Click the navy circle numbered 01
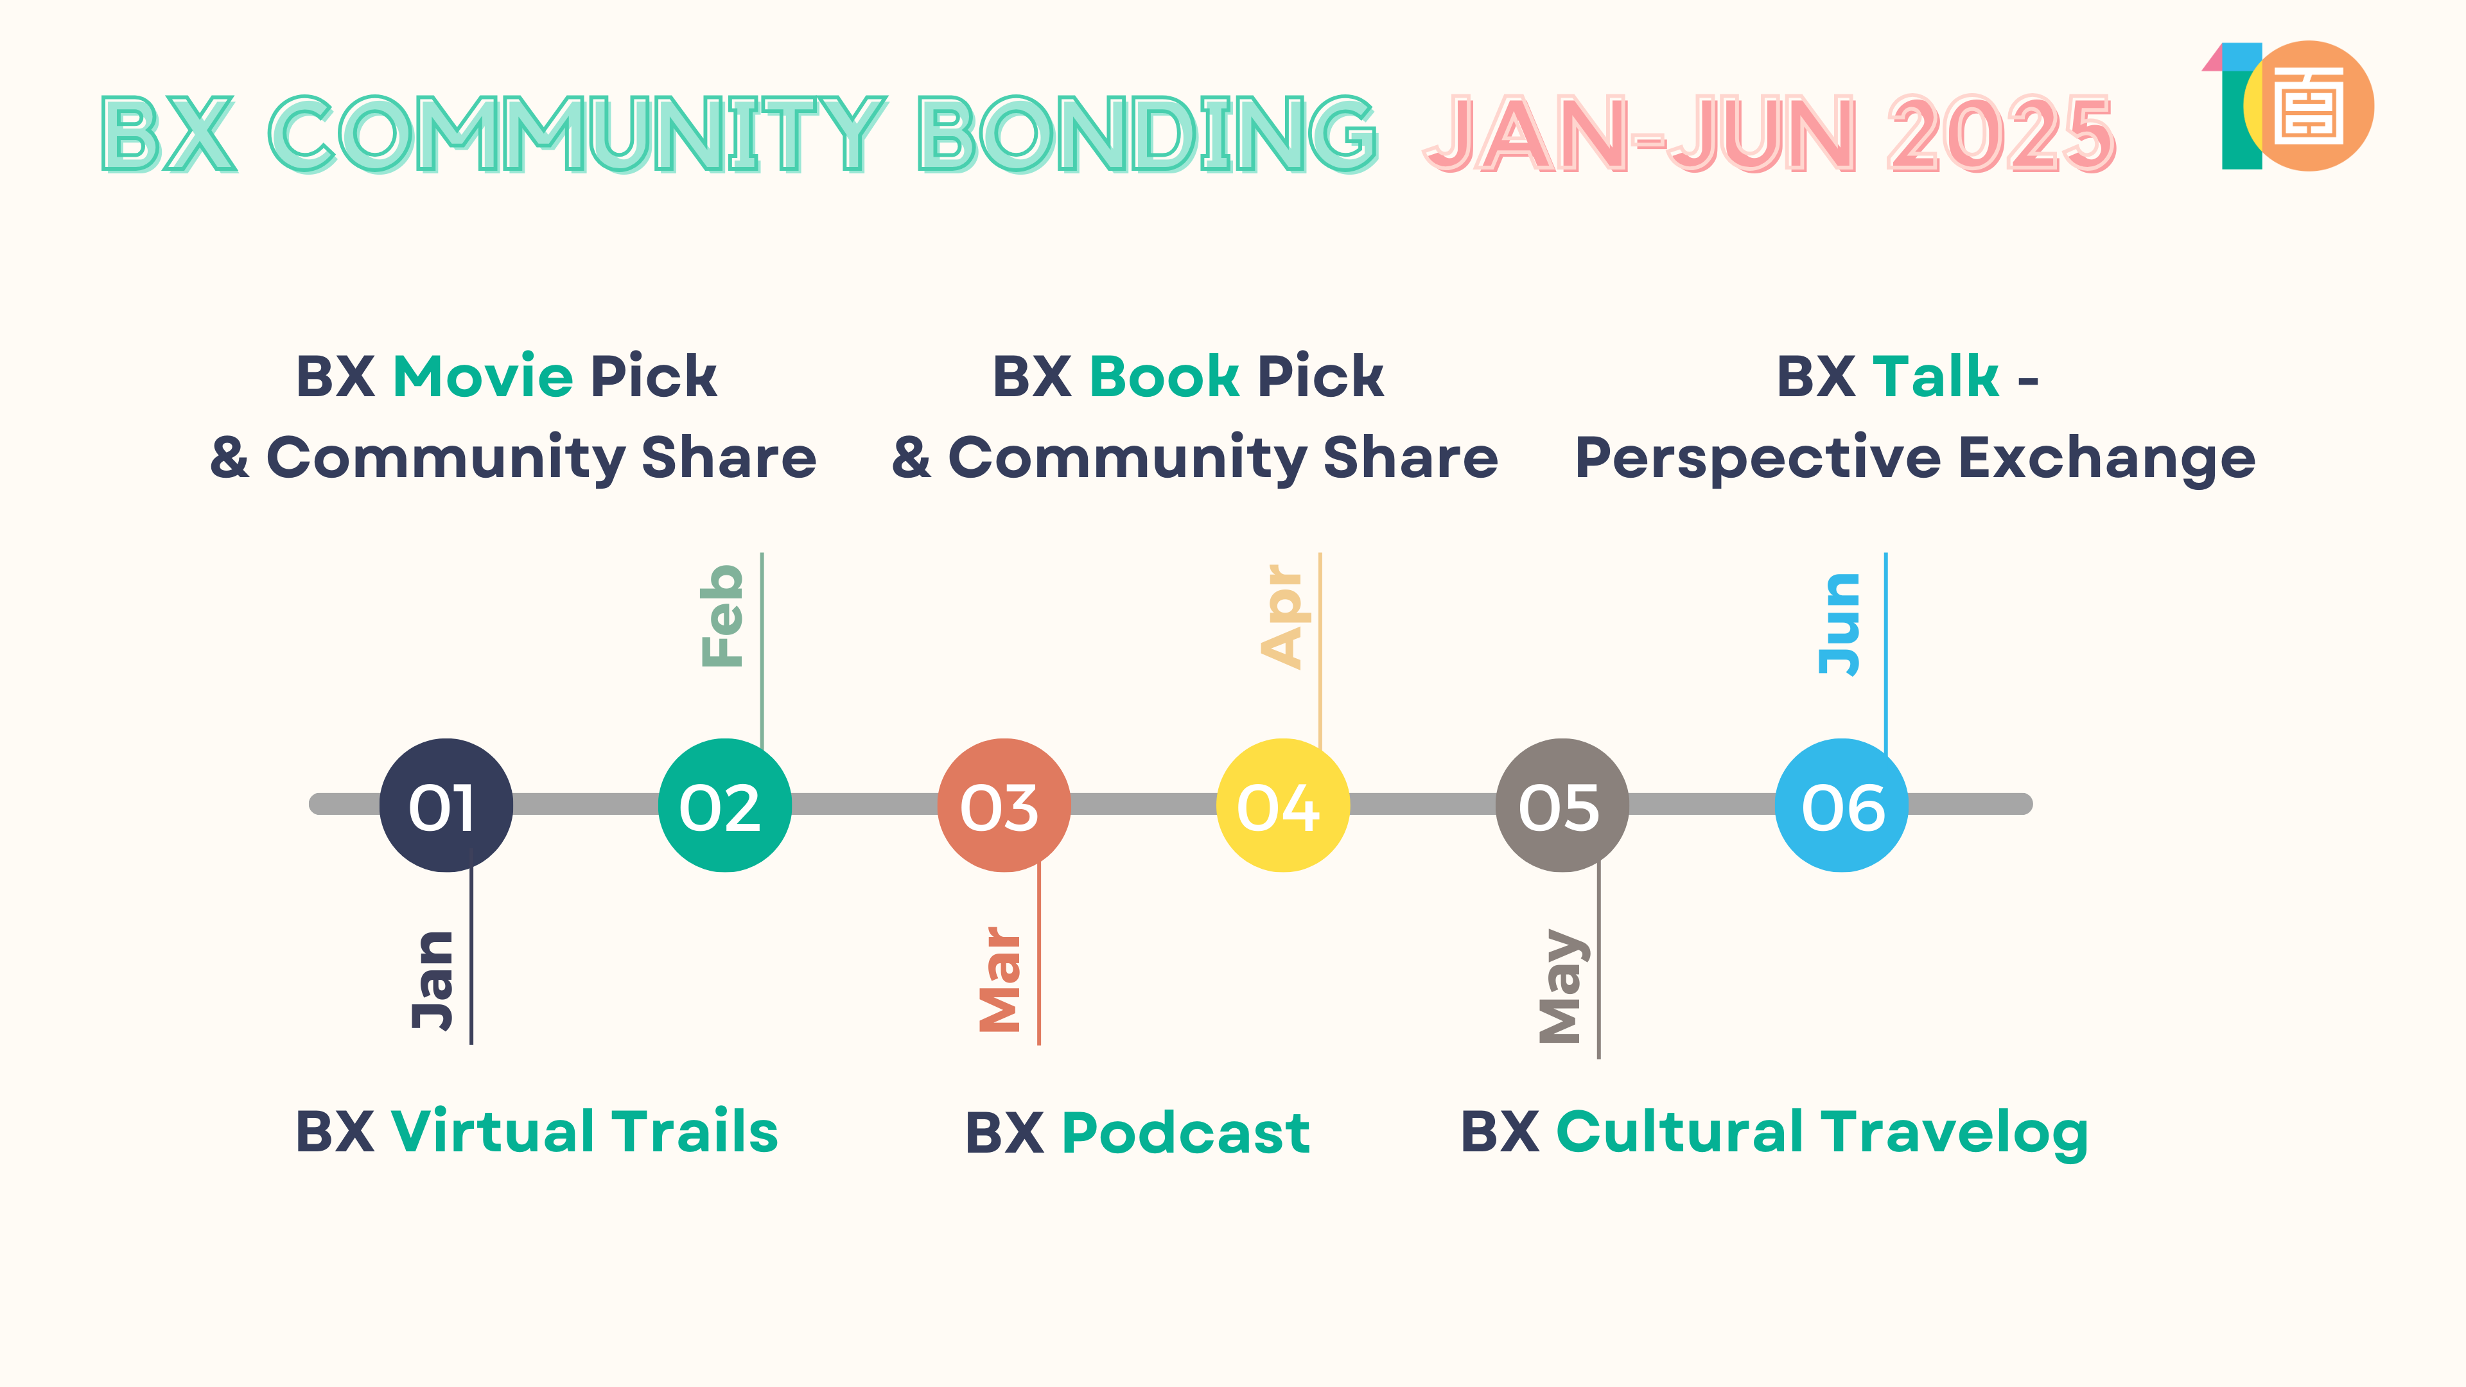pyautogui.click(x=446, y=805)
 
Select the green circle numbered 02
pyautogui.click(x=724, y=805)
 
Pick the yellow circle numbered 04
pyautogui.click(x=1283, y=805)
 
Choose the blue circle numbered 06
pyautogui.click(x=1841, y=805)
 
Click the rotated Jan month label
pyautogui.click(x=433, y=980)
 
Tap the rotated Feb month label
pyautogui.click(x=722, y=616)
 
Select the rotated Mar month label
pyautogui.click(x=1001, y=979)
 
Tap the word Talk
pyautogui.click(x=1936, y=376)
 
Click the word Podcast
pyautogui.click(x=1186, y=1133)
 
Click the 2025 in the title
pyautogui.click(x=2001, y=135)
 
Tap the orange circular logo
pyautogui.click(x=2309, y=106)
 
